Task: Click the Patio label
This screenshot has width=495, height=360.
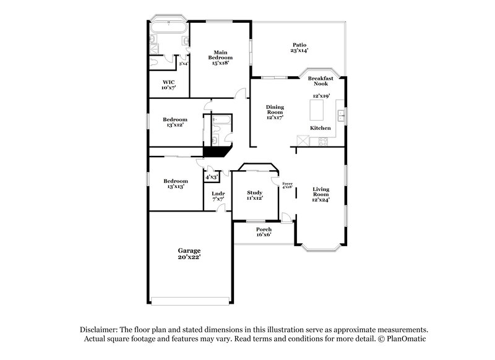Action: click(x=300, y=48)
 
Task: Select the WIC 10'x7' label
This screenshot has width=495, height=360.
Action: click(x=168, y=85)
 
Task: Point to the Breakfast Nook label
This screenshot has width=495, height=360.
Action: click(x=321, y=81)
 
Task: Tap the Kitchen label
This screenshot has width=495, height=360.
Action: click(x=321, y=128)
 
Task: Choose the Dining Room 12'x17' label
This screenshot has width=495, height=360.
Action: click(x=275, y=112)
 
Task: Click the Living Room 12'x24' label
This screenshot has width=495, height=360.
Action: click(x=321, y=194)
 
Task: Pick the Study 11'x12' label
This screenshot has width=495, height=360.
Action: click(x=255, y=195)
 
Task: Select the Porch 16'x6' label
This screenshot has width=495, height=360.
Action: click(x=264, y=232)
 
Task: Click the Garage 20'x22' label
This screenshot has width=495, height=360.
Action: click(x=189, y=254)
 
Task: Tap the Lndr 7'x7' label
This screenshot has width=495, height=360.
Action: click(x=218, y=197)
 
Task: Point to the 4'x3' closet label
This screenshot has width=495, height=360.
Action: click(x=212, y=178)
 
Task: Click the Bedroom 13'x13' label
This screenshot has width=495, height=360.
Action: click(x=175, y=184)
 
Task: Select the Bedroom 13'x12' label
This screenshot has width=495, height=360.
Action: click(x=175, y=122)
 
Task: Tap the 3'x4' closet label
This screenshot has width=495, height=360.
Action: click(x=183, y=63)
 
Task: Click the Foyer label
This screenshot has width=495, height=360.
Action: click(x=287, y=185)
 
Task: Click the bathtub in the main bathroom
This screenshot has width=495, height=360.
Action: click(x=168, y=27)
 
